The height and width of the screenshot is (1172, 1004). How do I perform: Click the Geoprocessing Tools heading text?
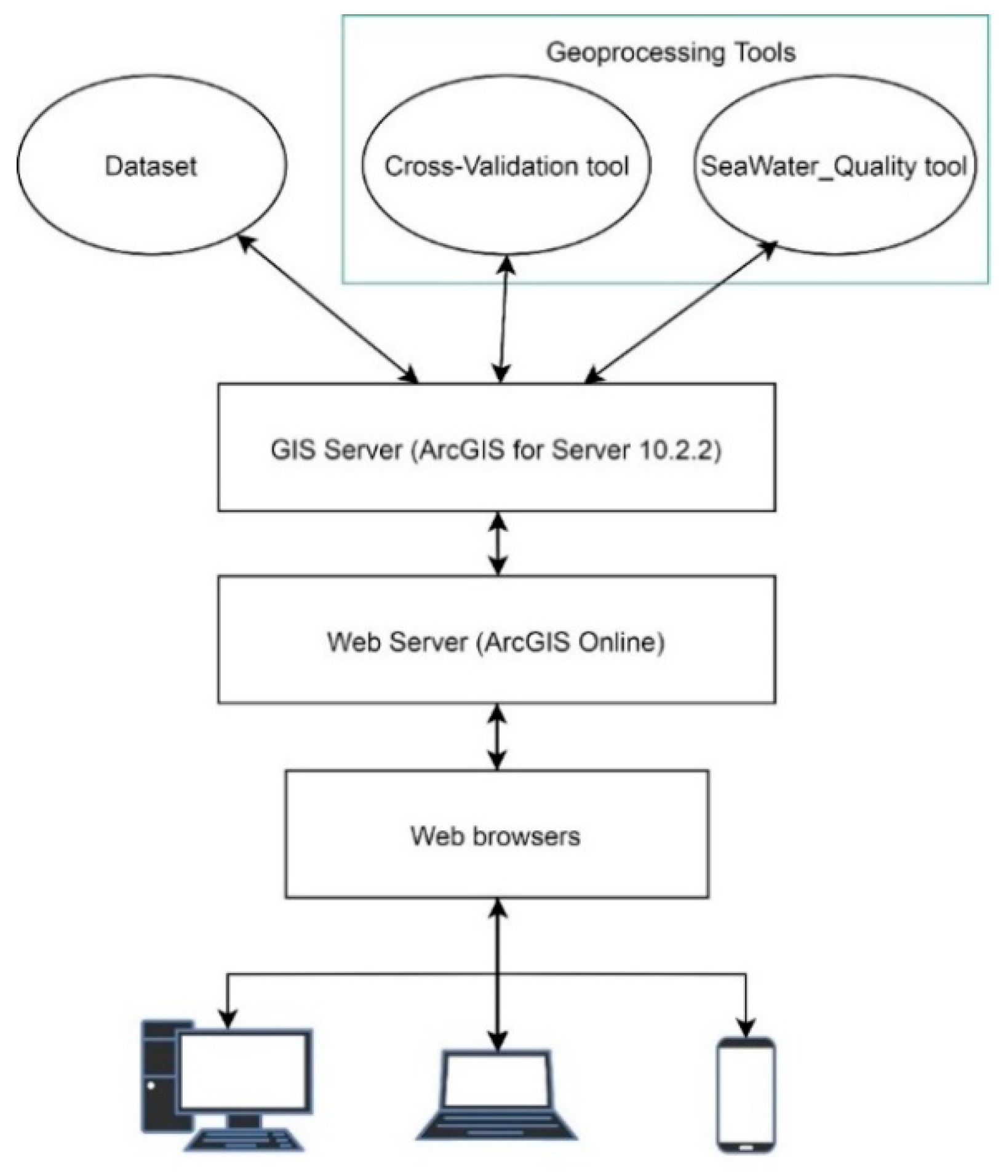671,52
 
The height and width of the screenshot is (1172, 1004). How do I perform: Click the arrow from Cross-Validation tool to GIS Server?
504,319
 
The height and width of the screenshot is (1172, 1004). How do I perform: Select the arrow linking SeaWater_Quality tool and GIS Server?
680,311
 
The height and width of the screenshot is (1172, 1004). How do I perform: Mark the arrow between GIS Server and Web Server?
498,544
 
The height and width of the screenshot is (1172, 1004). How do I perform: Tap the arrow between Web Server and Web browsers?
497,737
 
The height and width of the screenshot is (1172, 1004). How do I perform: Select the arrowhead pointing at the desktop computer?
228,1019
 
